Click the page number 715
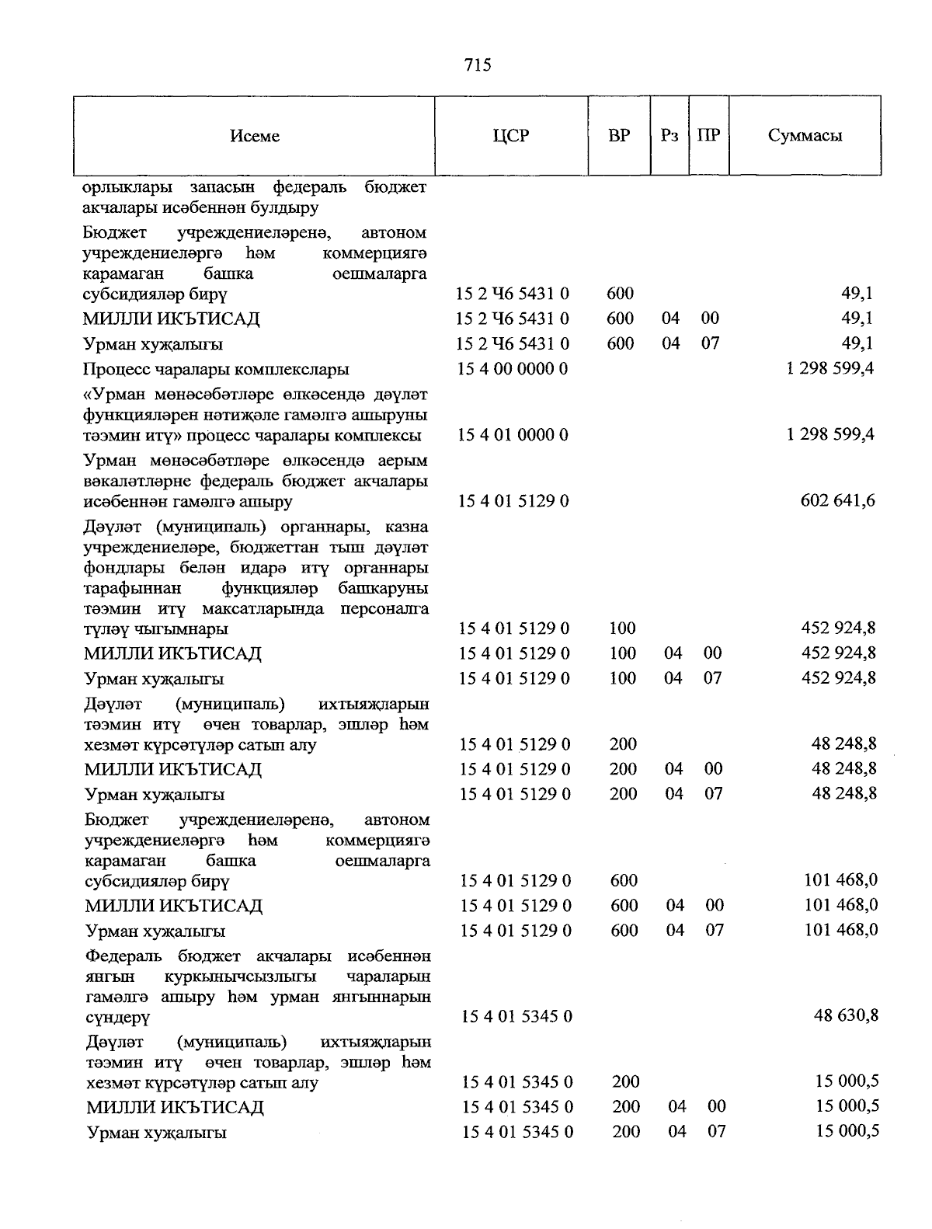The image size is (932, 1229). tap(478, 65)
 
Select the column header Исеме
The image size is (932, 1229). tap(255, 136)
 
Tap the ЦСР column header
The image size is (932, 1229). tap(511, 136)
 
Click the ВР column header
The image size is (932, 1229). tap(619, 136)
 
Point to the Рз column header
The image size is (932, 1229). tap(669, 136)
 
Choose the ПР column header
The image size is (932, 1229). tap(708, 136)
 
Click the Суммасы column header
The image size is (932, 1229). tap(805, 136)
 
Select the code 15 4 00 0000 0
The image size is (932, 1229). tap(513, 369)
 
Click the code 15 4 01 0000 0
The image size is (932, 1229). tap(513, 435)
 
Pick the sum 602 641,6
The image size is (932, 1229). tap(837, 501)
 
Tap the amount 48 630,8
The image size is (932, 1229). tap(846, 1015)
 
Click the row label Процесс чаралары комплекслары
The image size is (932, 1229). tap(217, 369)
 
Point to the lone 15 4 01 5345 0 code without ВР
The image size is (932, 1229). tap(517, 1016)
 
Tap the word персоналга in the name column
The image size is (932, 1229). tap(384, 609)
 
